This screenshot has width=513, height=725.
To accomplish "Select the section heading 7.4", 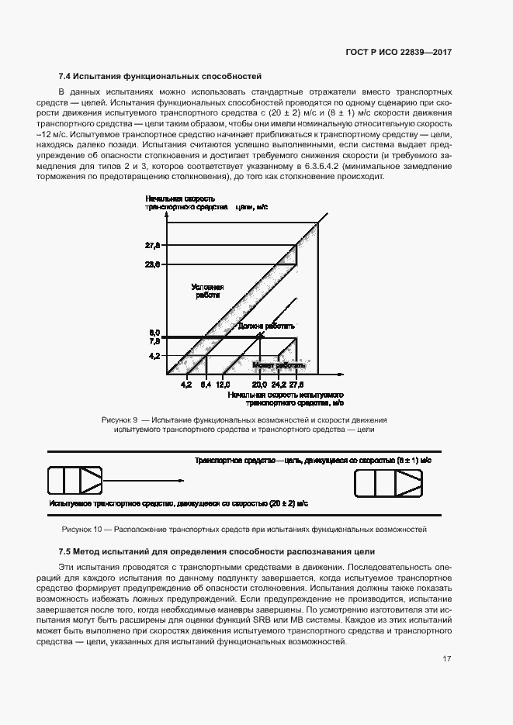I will point(160,76).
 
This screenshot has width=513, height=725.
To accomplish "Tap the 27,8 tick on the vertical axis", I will point(152,246).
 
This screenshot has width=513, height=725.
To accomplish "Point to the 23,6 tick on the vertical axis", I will point(152,264).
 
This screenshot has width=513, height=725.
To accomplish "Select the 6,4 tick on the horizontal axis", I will point(206,384).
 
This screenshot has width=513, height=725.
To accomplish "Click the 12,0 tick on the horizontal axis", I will point(224,384).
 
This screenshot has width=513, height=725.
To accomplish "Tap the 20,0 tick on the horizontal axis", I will point(259,384).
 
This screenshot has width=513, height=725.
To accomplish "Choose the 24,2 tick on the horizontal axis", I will point(279,384).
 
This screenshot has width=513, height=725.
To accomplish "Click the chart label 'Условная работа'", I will point(207,291).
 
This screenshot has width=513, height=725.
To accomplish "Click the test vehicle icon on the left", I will point(75,481).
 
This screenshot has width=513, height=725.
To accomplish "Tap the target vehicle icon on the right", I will point(388,484).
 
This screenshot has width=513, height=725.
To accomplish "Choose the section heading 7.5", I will point(217,551).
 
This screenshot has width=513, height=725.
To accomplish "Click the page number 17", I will point(446,659).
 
